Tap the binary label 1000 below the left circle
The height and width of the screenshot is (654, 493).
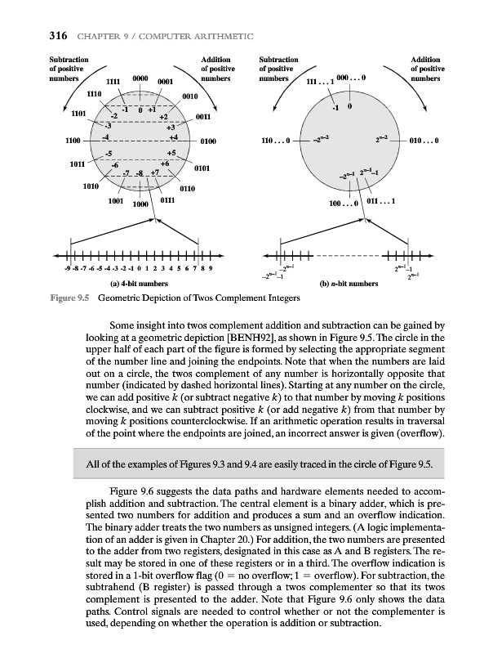point(140,205)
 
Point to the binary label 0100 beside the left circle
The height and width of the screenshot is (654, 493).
point(207,141)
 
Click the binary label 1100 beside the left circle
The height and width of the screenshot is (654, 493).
point(71,141)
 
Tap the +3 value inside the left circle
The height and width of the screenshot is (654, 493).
point(171,127)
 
